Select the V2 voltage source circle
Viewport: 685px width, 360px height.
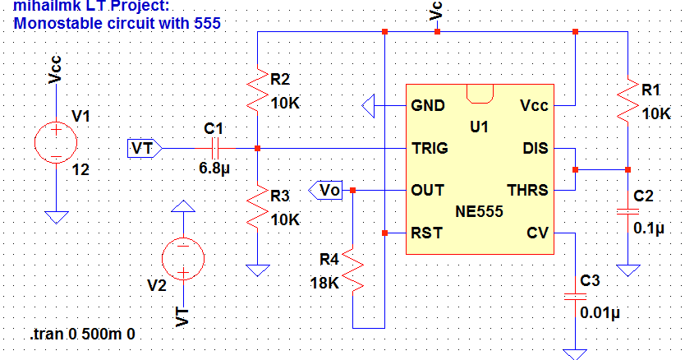[183, 259]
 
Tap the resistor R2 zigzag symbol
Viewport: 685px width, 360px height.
[259, 90]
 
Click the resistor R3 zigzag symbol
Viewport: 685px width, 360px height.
[259, 207]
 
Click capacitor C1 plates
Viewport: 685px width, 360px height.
[215, 149]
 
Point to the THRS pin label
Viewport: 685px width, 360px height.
[528, 191]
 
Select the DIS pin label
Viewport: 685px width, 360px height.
[536, 149]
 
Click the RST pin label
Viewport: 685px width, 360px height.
[426, 233]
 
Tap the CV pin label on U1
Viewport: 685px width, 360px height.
[537, 233]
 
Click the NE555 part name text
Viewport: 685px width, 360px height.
[480, 211]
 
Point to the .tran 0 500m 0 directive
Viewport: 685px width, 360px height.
[81, 335]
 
